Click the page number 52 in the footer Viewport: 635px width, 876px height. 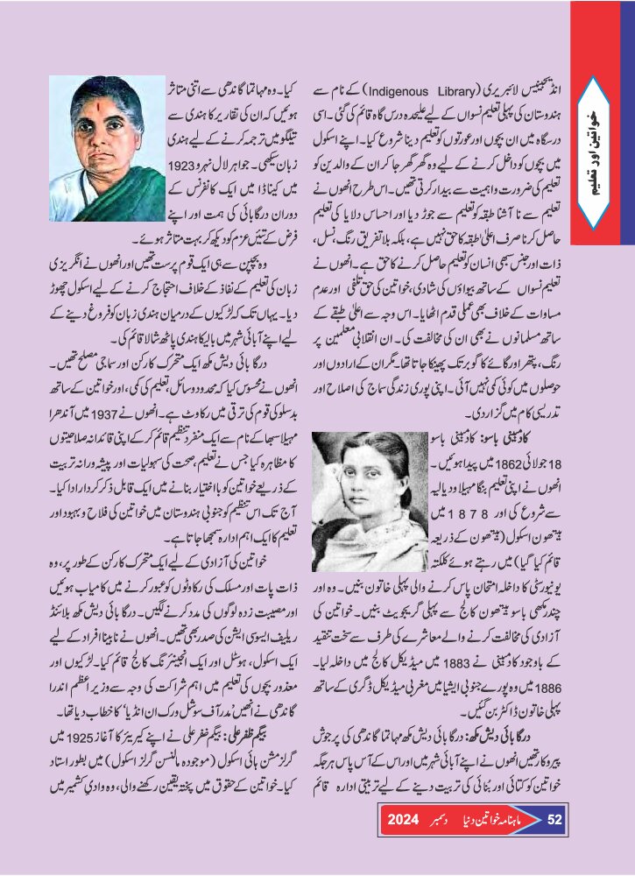click(x=554, y=821)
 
